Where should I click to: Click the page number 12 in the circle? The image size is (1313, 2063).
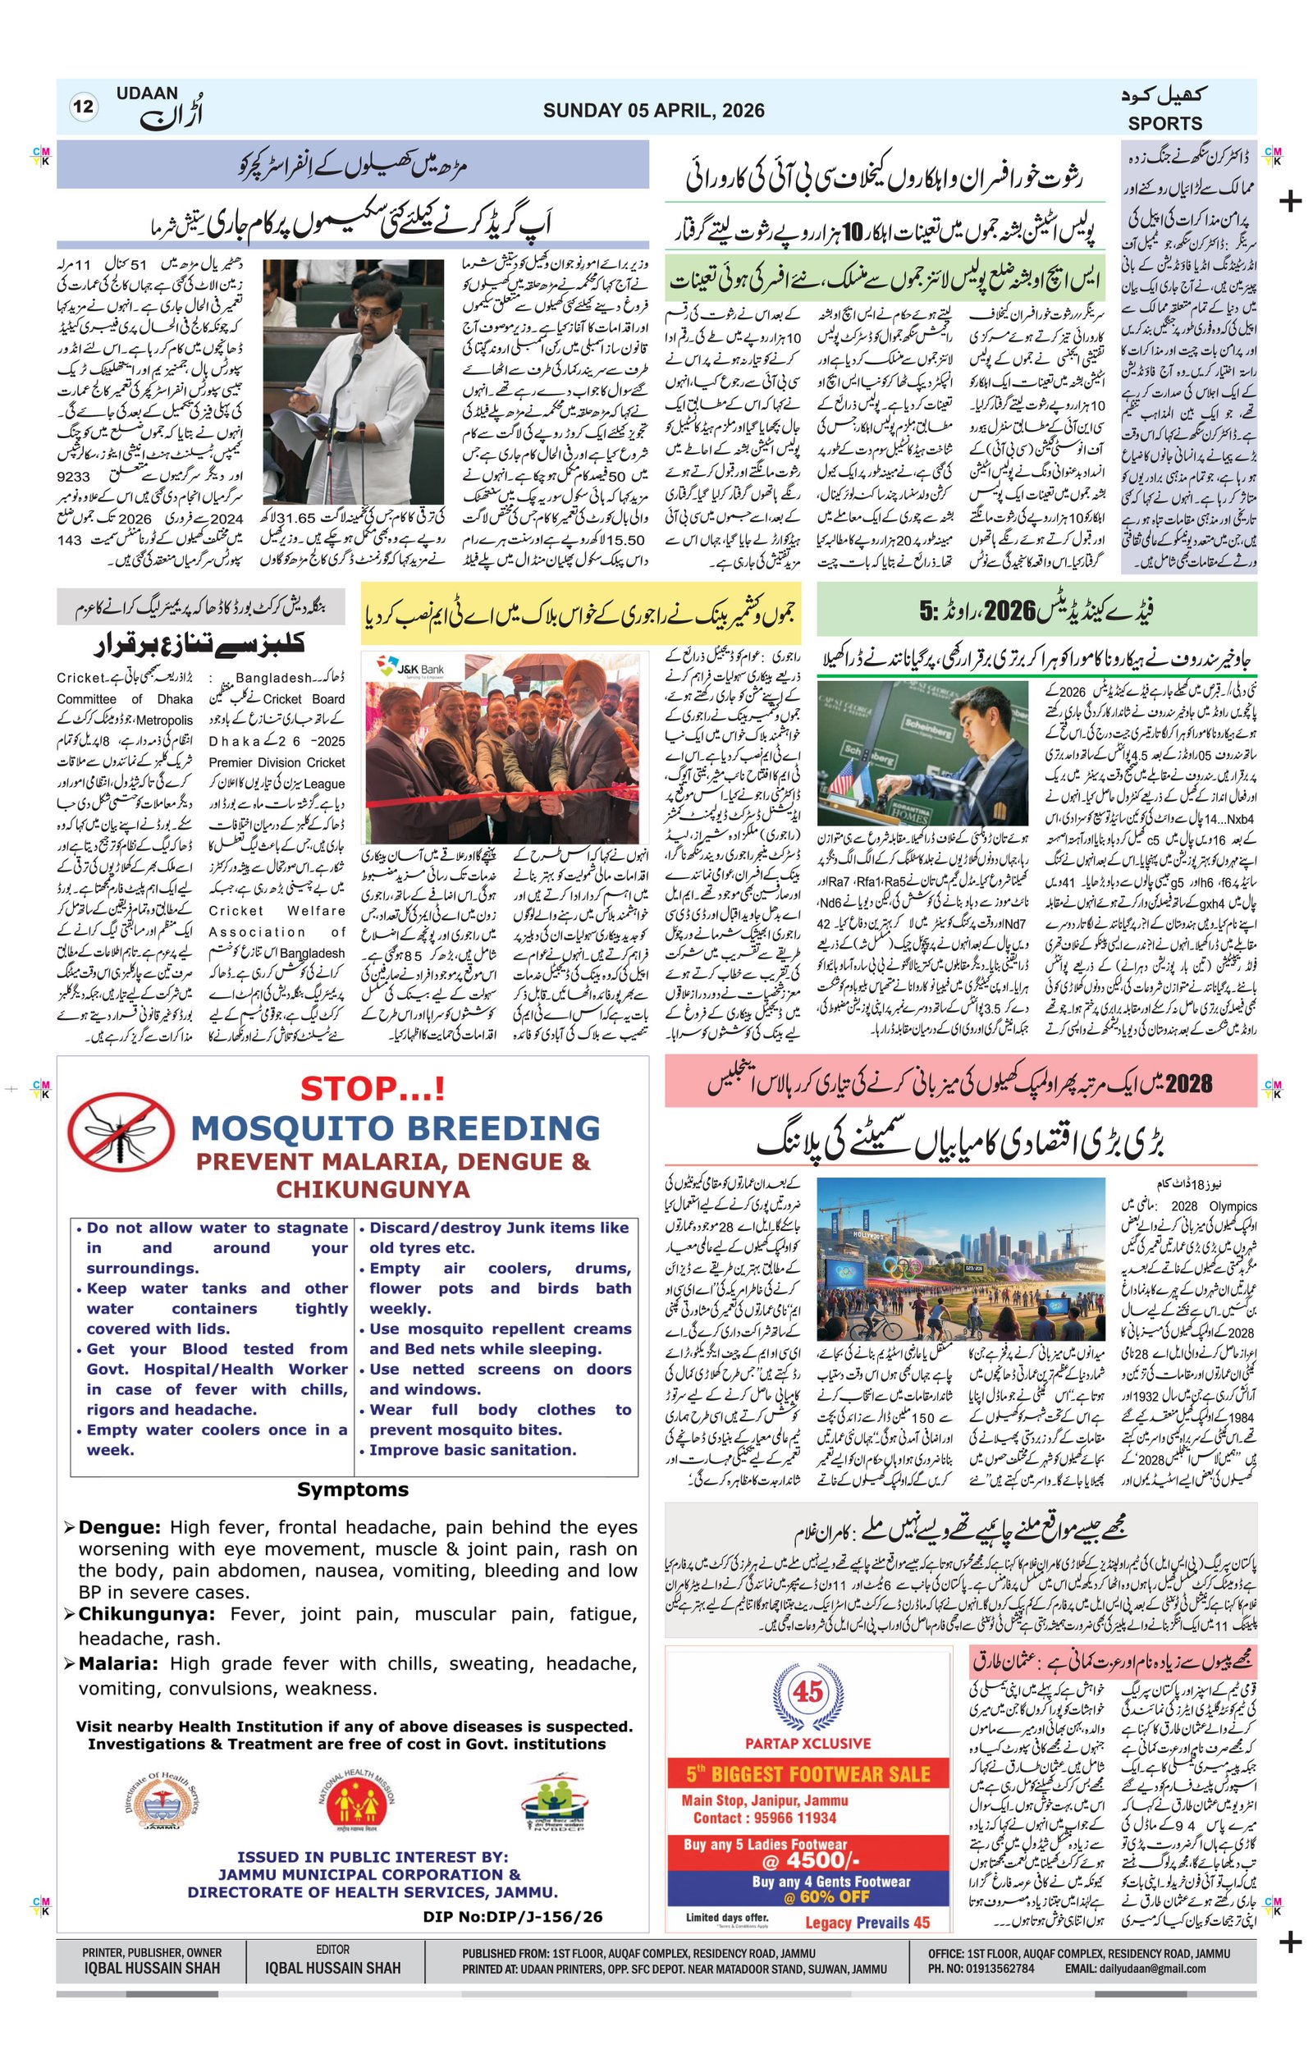[83, 107]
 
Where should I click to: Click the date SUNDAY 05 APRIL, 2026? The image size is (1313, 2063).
[652, 111]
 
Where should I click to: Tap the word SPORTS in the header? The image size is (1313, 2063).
[1164, 123]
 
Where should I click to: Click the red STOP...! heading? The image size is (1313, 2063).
[373, 1089]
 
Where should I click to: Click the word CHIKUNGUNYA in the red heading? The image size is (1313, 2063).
[373, 1189]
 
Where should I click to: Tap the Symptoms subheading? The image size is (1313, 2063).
[352, 1489]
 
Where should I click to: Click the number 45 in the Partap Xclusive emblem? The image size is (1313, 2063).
[807, 1691]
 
